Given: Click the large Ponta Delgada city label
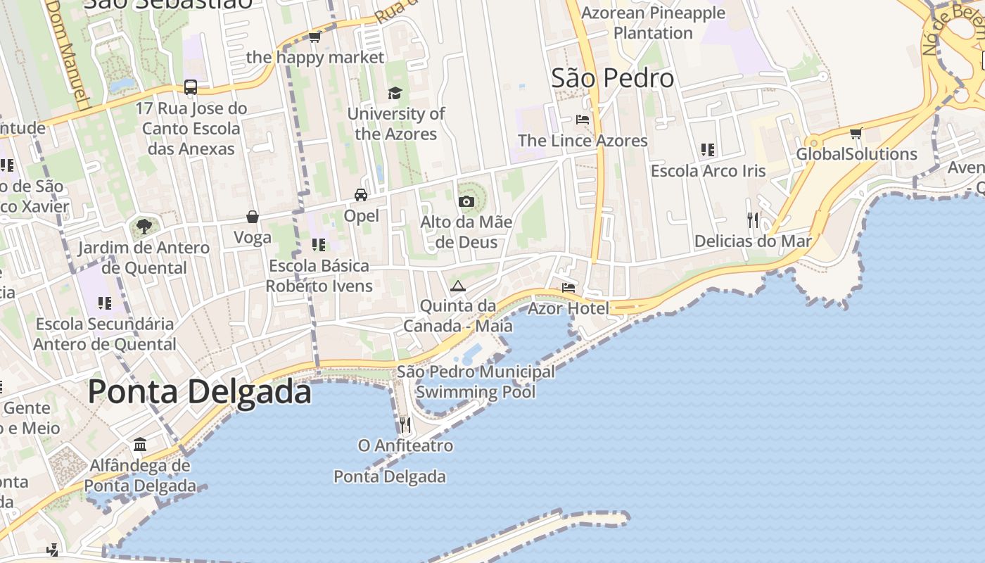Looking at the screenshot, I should click(199, 391).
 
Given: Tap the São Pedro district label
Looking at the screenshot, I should click(612, 78).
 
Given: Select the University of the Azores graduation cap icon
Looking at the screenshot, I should click(395, 93).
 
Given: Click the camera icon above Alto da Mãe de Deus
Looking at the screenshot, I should click(466, 202).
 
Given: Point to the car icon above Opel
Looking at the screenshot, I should click(361, 195).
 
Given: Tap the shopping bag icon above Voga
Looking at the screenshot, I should click(252, 217).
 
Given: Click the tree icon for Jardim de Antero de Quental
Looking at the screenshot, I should click(144, 227).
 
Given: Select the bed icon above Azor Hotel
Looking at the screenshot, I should click(568, 287).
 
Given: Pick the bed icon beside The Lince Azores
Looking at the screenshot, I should click(583, 119).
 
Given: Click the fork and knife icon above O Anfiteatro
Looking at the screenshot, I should click(405, 424).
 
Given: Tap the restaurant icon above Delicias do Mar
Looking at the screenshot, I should click(753, 220).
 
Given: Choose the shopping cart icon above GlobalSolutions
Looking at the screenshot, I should click(856, 133).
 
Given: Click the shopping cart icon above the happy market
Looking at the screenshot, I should click(314, 37).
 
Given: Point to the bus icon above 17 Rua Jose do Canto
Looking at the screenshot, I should click(191, 87).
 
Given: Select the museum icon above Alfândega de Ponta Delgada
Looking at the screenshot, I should click(140, 445).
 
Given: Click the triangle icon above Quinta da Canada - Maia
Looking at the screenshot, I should click(458, 286).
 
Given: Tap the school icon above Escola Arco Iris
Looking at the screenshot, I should click(708, 150).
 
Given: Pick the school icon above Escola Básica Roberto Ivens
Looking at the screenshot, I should click(319, 245).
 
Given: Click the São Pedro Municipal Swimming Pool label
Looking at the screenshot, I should click(476, 381).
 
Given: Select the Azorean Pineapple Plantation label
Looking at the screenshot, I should click(653, 23).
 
